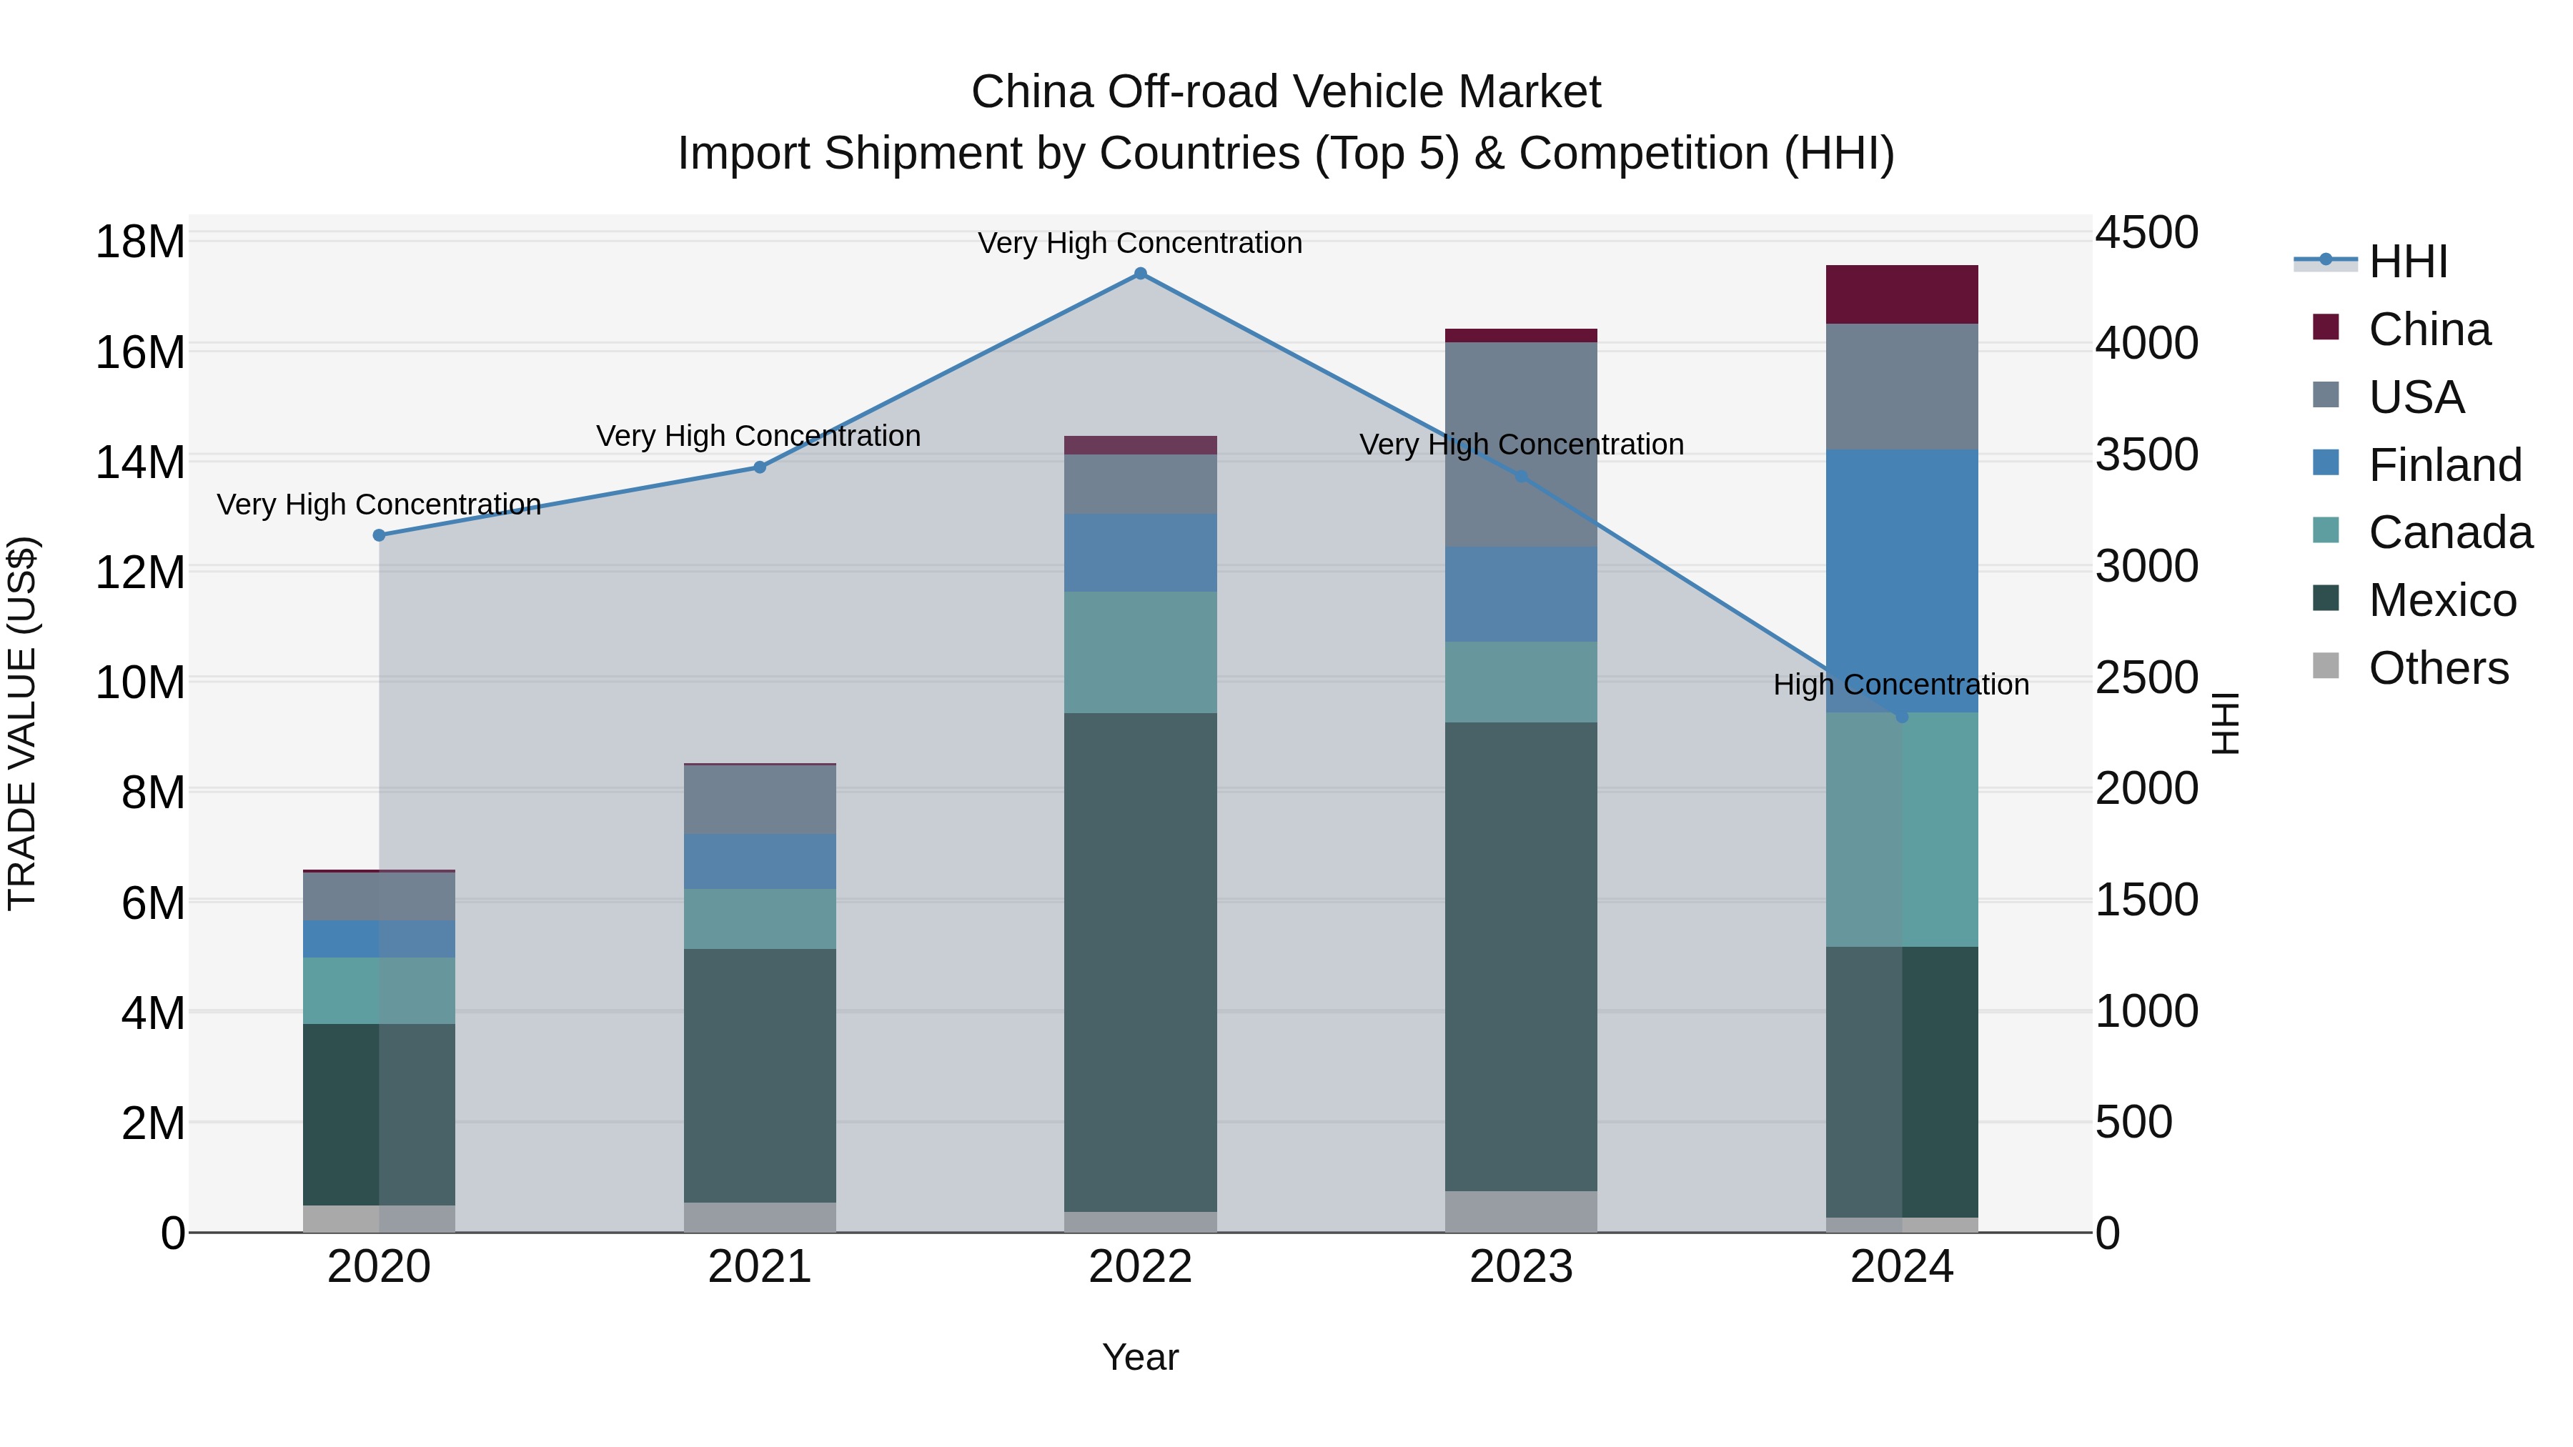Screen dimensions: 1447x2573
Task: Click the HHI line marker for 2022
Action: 1140,274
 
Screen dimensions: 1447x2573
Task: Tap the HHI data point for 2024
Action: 1902,717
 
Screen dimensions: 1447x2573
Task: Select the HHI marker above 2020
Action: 379,535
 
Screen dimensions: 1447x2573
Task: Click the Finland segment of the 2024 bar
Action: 1902,580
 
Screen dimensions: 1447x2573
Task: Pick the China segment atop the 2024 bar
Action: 1902,294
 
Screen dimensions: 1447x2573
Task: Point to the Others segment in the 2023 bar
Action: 1520,1210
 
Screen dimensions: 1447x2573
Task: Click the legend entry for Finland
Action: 2444,465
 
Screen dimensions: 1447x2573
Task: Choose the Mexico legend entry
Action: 2441,600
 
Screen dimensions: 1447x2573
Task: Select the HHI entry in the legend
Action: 2407,262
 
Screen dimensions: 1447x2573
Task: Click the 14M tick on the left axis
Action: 140,462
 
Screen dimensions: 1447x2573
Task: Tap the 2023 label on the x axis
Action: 1520,1267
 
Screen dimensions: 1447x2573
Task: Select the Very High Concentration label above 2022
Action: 1140,243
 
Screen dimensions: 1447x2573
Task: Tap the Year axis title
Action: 1140,1357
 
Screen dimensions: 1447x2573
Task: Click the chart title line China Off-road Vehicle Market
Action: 1286,92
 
